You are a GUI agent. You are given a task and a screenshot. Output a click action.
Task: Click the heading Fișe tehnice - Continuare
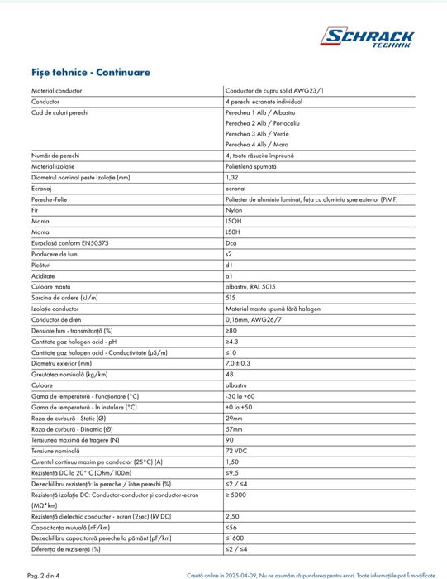tap(91, 72)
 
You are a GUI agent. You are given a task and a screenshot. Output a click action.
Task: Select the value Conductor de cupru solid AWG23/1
tap(274, 89)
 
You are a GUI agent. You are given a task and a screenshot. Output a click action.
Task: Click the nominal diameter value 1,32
tap(232, 177)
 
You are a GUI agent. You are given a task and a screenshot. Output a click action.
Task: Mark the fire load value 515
tap(230, 296)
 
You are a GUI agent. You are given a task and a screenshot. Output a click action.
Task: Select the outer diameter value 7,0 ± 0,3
tap(238, 362)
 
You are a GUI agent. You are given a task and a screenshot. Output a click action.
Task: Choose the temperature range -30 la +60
tap(240, 395)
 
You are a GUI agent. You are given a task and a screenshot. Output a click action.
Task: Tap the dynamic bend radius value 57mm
tap(233, 428)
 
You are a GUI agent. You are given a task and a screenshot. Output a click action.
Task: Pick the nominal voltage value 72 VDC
tap(236, 450)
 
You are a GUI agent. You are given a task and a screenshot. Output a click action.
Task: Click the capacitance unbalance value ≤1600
tap(236, 537)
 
